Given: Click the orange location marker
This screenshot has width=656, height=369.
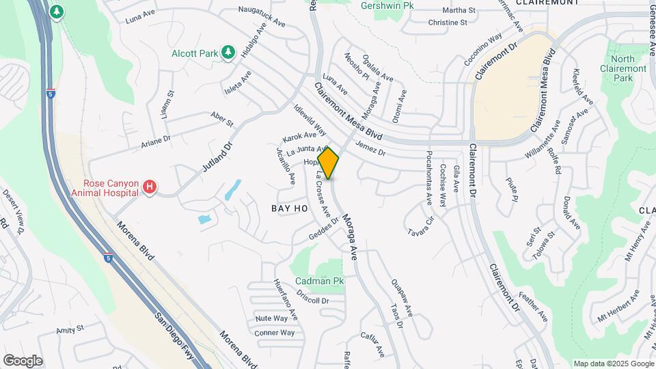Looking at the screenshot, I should [x=328, y=163].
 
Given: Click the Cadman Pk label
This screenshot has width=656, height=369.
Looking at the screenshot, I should [x=319, y=281].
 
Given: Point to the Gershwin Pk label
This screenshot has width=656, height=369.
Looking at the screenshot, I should [x=388, y=5].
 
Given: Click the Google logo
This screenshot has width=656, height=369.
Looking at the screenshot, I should [x=23, y=361].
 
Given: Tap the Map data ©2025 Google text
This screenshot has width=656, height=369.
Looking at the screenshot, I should [x=612, y=364].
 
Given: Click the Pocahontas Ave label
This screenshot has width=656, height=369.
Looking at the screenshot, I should [x=429, y=178].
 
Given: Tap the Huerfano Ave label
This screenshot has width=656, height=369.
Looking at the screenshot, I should [x=286, y=301].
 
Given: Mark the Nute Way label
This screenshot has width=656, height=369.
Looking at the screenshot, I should [x=271, y=318].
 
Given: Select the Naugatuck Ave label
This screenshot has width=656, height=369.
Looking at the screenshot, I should [x=262, y=17].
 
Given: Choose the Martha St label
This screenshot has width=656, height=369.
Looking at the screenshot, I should [x=459, y=10].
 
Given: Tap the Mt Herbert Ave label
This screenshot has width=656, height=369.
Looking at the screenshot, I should [x=618, y=305].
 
